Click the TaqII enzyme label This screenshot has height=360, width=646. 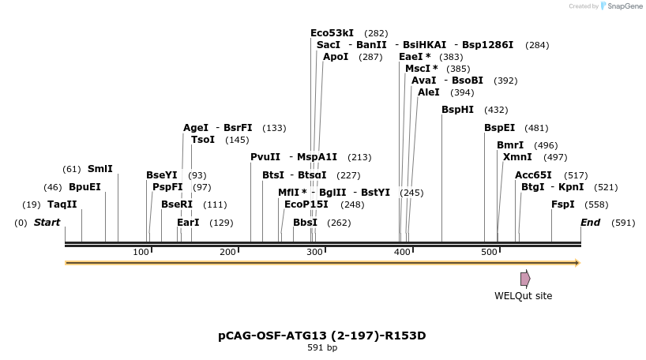click(62, 204)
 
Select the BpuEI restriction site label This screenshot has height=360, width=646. click(85, 187)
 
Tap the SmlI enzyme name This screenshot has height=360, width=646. click(100, 169)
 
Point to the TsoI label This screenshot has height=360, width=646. click(203, 140)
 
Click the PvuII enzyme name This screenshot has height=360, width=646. click(265, 157)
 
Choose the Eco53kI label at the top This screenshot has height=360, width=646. click(332, 33)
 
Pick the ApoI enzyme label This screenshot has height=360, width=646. click(336, 57)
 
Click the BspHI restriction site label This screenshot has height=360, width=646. click(457, 110)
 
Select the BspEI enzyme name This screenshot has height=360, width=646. click(499, 128)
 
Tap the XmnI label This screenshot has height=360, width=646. click(517, 157)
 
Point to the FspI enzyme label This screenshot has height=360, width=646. click(563, 204)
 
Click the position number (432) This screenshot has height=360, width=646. click(496, 110)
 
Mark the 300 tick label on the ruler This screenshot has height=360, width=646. click(315, 252)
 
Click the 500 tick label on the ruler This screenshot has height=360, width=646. click(489, 252)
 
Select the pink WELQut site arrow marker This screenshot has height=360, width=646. click(525, 279)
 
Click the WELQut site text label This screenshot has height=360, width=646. click(523, 296)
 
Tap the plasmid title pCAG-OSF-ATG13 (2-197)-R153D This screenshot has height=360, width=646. click(321, 336)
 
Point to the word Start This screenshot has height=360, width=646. click(47, 223)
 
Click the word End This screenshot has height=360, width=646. click(591, 223)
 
